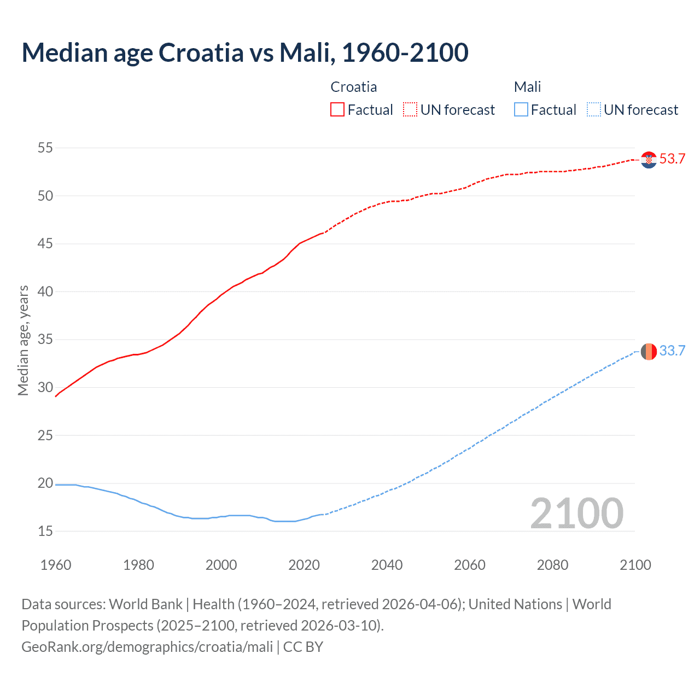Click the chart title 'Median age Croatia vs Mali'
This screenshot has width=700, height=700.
point(244,52)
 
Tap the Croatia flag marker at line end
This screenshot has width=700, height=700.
point(649,160)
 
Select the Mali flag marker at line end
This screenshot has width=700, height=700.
point(649,351)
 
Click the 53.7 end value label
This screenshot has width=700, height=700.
point(672,159)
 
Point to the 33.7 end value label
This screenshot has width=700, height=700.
point(672,351)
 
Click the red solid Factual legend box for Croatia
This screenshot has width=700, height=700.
point(337,110)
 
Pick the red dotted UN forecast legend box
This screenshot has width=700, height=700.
point(410,110)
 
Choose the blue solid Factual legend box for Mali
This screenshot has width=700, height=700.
point(521,110)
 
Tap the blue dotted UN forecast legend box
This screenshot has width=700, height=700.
point(593,110)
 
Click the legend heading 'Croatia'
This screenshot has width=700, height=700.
point(353,87)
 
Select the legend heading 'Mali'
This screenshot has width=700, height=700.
point(527,87)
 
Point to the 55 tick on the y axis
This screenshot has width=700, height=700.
point(45,148)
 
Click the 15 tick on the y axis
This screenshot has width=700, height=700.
point(45,531)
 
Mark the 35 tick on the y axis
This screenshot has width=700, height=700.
point(45,340)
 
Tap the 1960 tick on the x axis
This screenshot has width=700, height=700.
point(56,565)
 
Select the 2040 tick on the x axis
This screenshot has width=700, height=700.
point(387,565)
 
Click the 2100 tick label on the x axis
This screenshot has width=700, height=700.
point(635,565)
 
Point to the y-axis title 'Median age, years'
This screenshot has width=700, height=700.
point(23,340)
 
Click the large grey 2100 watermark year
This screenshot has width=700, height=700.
point(576,514)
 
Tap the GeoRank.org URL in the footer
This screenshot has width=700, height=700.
point(147,647)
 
